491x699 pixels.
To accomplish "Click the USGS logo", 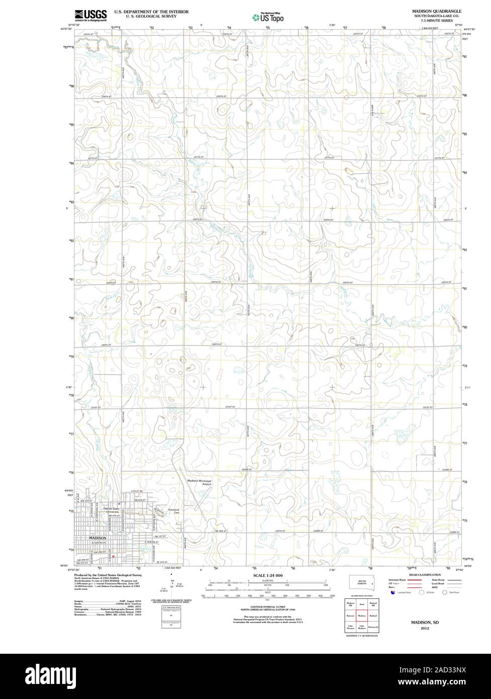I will [x=91, y=15].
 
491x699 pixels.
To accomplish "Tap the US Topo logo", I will [x=268, y=17].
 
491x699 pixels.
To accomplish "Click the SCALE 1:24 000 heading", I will [x=268, y=574].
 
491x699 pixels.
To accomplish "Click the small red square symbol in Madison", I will [x=114, y=556].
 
